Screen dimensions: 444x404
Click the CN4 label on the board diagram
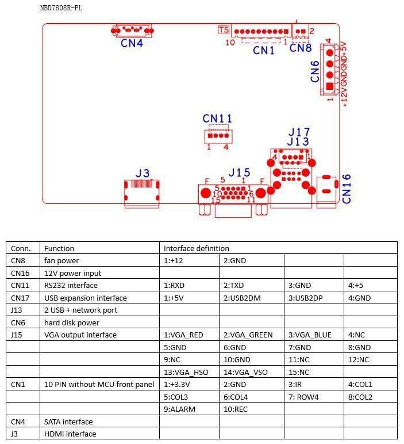pos(132,43)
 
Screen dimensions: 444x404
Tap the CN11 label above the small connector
pos(217,119)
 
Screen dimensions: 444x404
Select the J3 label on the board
pos(143,173)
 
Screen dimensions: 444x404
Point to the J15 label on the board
pos(239,173)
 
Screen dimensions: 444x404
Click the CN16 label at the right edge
pos(347,188)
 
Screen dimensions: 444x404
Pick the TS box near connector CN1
pos(224,29)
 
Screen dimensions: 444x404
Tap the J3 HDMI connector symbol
pos(142,192)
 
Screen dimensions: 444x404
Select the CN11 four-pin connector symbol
pos(218,135)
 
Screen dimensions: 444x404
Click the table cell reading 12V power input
pos(72,273)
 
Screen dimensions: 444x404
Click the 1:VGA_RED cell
pos(183,335)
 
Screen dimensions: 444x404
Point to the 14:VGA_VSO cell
pos(244,372)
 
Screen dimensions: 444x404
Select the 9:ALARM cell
pos(179,409)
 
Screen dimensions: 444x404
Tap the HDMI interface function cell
pos(70,434)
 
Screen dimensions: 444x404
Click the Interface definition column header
pos(196,248)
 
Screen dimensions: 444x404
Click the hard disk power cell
pos(72,322)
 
